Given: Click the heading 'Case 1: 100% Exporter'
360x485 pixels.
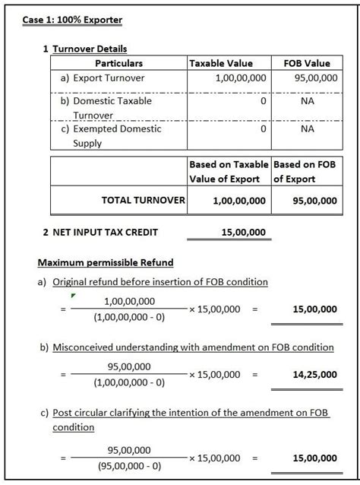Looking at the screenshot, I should coord(72,19).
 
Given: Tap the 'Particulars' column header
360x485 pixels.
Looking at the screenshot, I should coord(118,63).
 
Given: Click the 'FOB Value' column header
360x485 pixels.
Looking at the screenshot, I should coord(306,63).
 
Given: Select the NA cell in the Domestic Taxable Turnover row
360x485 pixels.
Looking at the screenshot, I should coord(307,100).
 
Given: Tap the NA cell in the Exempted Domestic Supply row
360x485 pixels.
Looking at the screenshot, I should coord(307,128).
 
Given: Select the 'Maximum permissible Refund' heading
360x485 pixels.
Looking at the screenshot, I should coord(106,262).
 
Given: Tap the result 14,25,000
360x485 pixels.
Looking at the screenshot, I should coord(314,374).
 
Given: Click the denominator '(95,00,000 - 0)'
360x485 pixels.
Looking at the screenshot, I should coord(129,466).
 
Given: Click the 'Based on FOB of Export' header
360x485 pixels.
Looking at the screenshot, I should coord(305,171).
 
